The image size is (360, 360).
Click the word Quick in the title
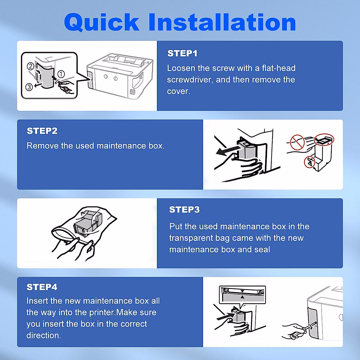pos(102,23)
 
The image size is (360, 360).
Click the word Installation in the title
pos(222,23)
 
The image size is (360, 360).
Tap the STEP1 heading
pos(182,53)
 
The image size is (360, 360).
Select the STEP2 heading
pos(42,131)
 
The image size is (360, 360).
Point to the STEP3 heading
pos(184,209)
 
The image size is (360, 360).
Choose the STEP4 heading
pos(42,287)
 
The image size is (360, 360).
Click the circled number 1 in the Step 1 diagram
pos(61,74)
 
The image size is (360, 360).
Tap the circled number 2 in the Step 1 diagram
pos(30,66)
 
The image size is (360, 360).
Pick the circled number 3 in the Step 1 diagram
pos(29,87)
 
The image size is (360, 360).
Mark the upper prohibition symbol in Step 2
pos(297,142)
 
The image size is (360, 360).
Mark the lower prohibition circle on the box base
pos(309,162)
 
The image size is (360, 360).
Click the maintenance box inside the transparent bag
pos(87,224)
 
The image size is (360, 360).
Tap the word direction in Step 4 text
pos(43,335)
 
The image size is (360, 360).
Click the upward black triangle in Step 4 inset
pos(242,297)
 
